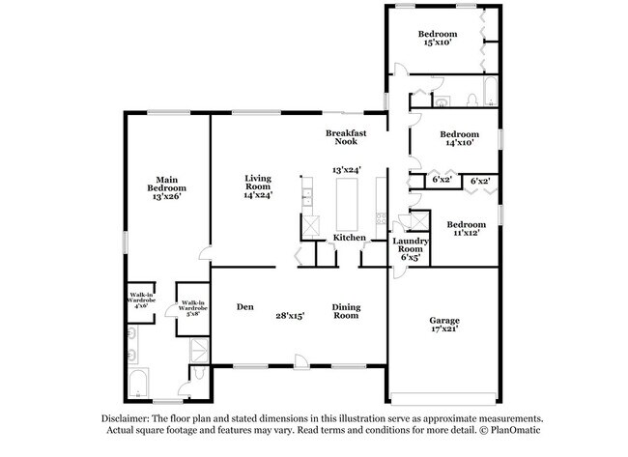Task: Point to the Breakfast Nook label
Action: point(346,137)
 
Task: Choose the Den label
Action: point(245,307)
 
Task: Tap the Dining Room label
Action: point(347,311)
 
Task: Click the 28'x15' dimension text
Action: point(291,316)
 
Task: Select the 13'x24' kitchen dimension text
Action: point(347,170)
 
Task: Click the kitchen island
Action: point(347,204)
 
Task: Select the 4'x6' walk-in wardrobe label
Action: point(141,300)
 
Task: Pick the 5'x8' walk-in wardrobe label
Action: point(193,308)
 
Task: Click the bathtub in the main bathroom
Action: point(138,384)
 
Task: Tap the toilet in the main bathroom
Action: point(198,373)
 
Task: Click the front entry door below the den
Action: point(300,362)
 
